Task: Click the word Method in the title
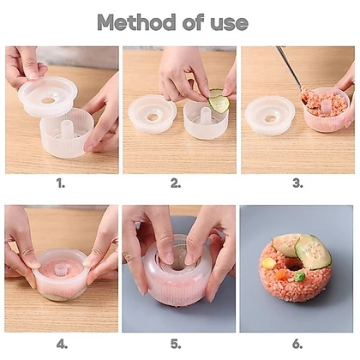click(x=136, y=22)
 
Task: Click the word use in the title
click(x=230, y=23)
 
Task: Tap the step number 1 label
click(x=61, y=183)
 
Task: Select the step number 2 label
click(x=176, y=183)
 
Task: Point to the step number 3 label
click(x=297, y=183)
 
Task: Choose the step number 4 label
click(x=62, y=345)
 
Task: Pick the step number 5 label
click(x=176, y=345)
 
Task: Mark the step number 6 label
click(x=297, y=345)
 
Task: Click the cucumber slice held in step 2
click(x=219, y=100)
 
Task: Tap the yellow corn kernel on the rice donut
click(x=268, y=263)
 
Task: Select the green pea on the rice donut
click(x=300, y=276)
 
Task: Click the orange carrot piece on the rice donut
click(x=281, y=274)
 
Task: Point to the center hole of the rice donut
click(x=292, y=267)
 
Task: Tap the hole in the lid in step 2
click(x=152, y=117)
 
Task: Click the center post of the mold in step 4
click(x=58, y=268)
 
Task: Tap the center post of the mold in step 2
click(x=206, y=115)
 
